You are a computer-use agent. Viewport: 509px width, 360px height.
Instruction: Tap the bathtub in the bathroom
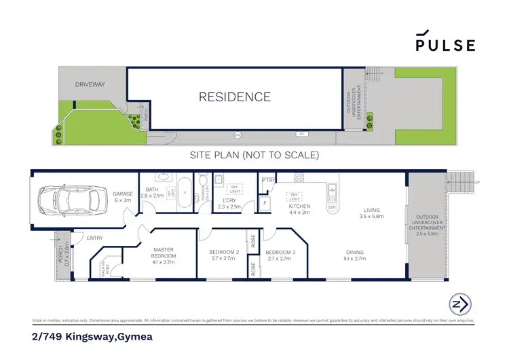pos(183,192)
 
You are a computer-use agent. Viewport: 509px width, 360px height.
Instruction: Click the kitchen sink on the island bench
pos(332,190)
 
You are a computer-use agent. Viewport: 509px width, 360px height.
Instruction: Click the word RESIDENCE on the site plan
pos(234,97)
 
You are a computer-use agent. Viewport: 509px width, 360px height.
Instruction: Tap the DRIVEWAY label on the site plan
pos(90,86)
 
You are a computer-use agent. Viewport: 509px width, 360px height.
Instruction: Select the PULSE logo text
pos(445,45)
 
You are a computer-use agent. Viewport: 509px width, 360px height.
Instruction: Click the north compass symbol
pos(458,304)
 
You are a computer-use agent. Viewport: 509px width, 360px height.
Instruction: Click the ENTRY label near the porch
pos(95,237)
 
